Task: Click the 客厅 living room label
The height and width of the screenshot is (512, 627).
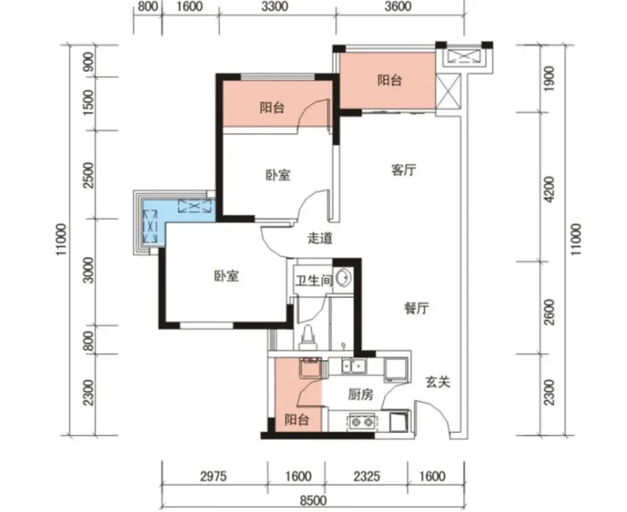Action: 403,170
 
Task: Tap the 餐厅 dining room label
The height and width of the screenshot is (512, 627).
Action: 416,308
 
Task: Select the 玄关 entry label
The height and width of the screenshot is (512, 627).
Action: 438,382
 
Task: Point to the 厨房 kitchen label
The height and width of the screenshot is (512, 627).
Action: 360,395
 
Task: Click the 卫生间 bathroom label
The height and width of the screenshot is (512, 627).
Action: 314,281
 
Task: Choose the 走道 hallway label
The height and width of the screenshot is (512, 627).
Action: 320,238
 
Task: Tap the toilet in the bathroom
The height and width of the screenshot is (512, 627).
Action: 307,337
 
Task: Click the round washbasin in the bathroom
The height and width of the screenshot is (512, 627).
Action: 344,277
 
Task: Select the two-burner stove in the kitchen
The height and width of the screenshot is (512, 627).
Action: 363,422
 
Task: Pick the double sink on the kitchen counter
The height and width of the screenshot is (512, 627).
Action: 354,365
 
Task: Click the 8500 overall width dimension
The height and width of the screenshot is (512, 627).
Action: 313,500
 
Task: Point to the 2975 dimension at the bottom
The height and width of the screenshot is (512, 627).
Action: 213,476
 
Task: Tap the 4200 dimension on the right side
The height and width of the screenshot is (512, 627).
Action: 550,189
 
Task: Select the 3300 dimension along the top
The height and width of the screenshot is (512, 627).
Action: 276,7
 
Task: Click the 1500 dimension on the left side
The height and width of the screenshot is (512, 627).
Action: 89,102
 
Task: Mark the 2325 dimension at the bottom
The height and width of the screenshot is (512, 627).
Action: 367,476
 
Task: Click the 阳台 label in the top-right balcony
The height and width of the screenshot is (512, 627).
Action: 390,80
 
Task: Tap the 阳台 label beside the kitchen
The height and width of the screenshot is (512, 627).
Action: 297,420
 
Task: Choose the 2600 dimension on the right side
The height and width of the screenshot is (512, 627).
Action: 550,312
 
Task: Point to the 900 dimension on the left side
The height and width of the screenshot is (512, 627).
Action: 89,61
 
